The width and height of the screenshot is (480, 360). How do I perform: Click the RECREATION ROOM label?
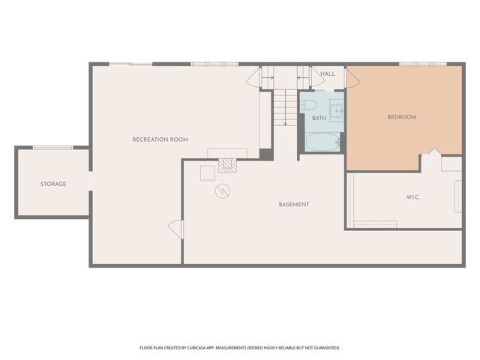click(160, 139)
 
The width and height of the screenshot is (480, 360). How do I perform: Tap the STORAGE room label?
click(53, 184)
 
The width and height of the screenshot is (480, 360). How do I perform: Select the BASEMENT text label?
click(294, 205)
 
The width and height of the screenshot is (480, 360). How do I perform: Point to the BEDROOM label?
click(402, 117)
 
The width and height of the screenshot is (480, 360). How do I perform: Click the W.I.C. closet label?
click(413, 197)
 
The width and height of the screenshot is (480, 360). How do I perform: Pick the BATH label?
click(319, 118)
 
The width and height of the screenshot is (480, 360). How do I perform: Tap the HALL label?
click(328, 73)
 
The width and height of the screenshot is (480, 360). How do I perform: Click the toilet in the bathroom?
click(308, 105)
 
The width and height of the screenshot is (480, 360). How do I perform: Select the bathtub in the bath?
click(322, 142)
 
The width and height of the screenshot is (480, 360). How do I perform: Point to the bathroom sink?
click(337, 111)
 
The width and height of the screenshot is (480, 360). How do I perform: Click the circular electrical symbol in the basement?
click(223, 191)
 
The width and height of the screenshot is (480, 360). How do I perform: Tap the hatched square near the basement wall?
click(227, 166)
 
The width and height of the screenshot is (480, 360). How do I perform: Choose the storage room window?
click(53, 148)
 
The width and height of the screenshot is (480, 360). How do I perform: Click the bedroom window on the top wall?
click(423, 64)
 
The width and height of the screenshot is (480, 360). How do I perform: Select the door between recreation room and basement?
click(176, 229)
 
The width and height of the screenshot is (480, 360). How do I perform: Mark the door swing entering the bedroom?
click(352, 78)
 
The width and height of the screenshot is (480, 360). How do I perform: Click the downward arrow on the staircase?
click(285, 107)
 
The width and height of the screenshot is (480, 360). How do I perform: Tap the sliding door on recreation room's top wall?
click(130, 64)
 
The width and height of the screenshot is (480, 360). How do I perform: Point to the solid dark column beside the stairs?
click(266, 154)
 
